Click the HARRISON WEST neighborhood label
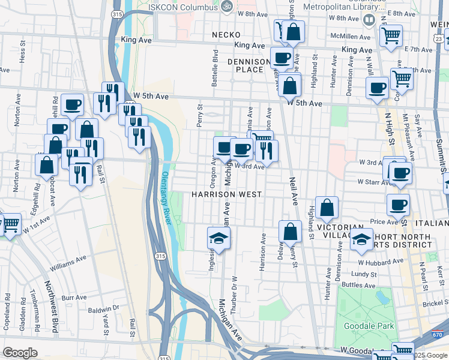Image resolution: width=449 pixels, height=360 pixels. tap(226, 194)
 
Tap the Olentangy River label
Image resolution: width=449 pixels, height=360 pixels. tap(166, 192)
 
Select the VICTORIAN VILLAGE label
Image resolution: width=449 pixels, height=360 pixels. tap(340, 233)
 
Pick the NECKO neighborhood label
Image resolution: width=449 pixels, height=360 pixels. tap(226, 35)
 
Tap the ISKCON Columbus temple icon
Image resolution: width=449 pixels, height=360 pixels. tap(227, 7)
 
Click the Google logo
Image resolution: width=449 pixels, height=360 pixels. tap(20, 353)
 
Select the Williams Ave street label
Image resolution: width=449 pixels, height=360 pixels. tap(68, 262)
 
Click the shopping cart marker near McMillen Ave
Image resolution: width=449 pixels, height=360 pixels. tap(391, 35)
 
